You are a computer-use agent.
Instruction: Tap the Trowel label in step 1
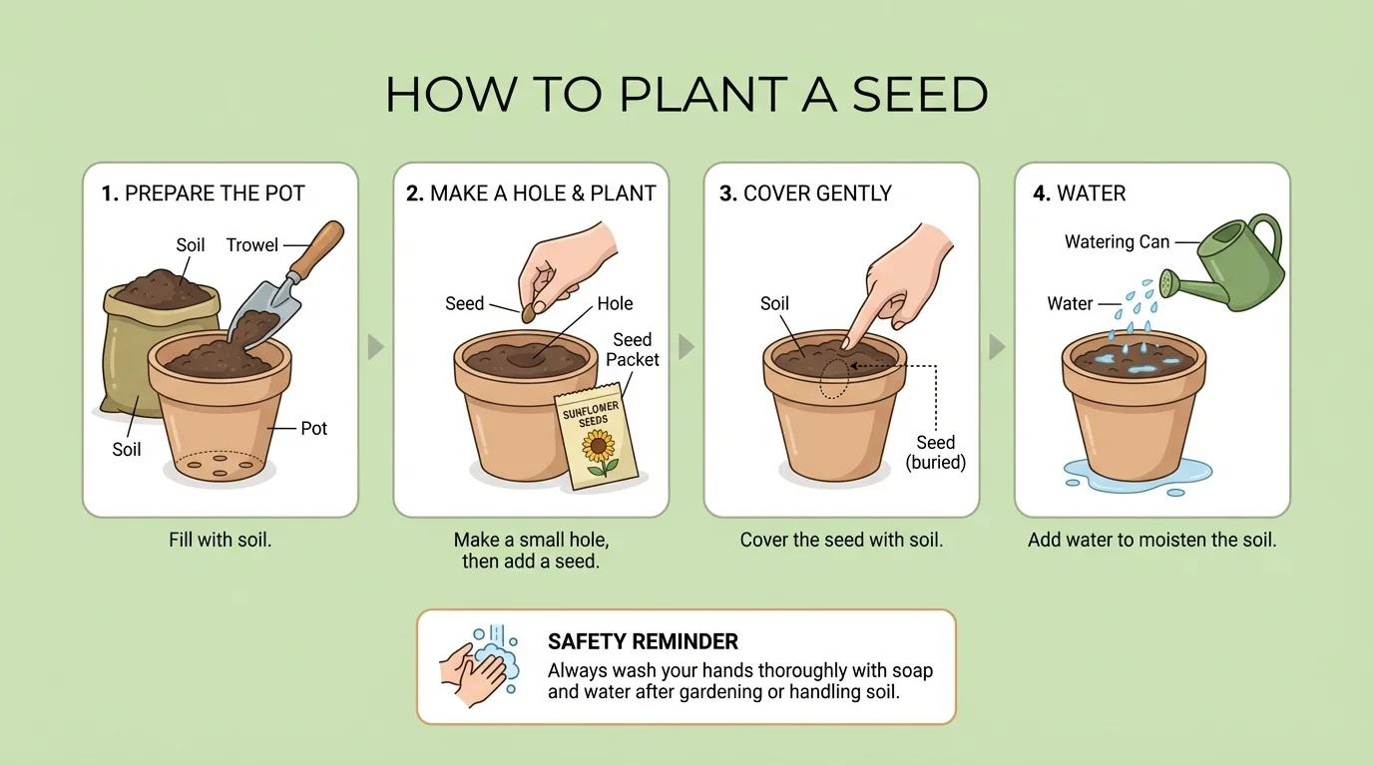[x=251, y=244]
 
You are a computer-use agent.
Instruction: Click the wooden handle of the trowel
[x=317, y=249]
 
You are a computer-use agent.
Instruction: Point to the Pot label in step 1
[x=314, y=428]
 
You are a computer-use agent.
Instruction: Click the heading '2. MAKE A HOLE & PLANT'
[x=531, y=193]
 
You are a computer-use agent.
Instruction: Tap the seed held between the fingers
[x=529, y=312]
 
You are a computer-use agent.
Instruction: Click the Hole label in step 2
[x=615, y=304]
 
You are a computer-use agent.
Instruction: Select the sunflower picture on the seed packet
[x=600, y=452]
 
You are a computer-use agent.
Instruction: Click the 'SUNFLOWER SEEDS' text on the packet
[x=592, y=415]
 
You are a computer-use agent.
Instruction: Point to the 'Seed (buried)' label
[x=936, y=453]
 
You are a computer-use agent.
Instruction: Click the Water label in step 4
[x=1070, y=304]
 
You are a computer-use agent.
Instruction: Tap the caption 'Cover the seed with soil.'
[x=841, y=541]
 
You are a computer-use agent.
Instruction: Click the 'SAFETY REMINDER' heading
[x=643, y=641]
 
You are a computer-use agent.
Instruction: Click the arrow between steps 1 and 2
[x=375, y=347]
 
